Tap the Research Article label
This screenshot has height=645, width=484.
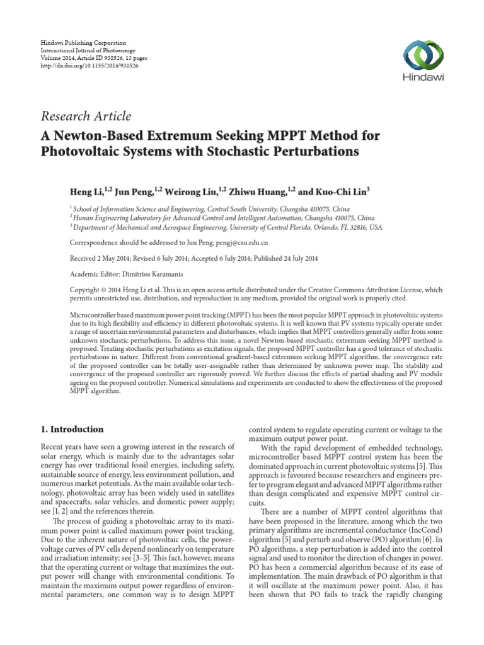pos(86,116)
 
